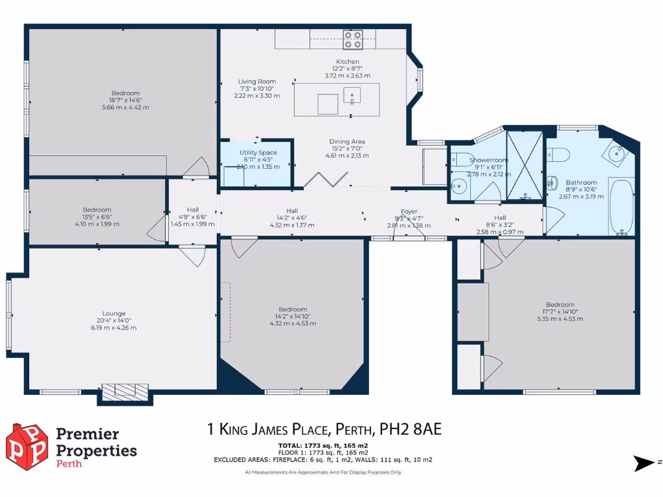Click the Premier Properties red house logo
click(x=27, y=447)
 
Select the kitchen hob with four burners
click(x=353, y=40)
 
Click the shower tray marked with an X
click(x=524, y=164)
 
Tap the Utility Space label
click(x=258, y=153)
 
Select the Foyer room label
click(x=409, y=211)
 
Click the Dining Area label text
click(x=348, y=141)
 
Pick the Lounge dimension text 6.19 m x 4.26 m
click(x=113, y=327)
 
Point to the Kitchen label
click(x=347, y=61)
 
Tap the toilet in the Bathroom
click(x=557, y=154)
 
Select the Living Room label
click(x=256, y=82)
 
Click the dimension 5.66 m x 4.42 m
click(x=125, y=107)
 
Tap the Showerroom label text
click(x=489, y=160)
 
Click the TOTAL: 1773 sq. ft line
click(x=322, y=446)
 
